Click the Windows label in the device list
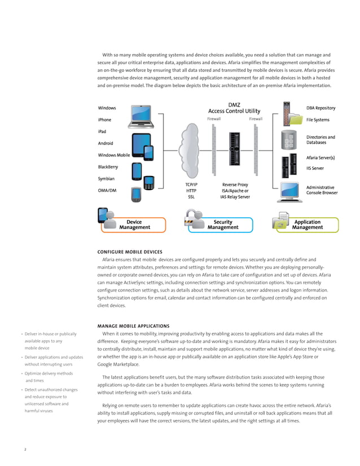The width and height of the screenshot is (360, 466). click(x=107, y=108)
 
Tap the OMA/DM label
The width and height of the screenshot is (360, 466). click(x=107, y=190)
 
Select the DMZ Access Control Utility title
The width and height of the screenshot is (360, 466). click(x=234, y=108)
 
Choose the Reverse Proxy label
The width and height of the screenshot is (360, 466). click(x=235, y=184)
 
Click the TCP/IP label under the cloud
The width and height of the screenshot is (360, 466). click(x=191, y=184)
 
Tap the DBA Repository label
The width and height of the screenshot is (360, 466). click(x=321, y=108)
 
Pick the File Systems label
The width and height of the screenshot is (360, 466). click(x=318, y=120)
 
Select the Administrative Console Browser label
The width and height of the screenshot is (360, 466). click(x=322, y=190)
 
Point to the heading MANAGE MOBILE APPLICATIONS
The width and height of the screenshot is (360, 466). click(x=133, y=326)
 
